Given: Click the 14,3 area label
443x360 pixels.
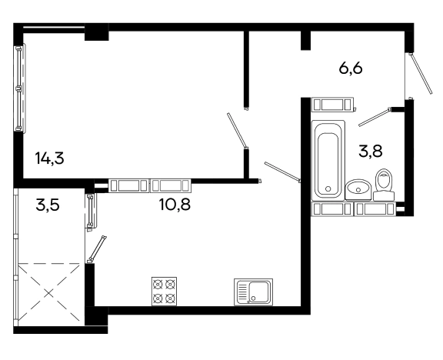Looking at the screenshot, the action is click(x=50, y=158).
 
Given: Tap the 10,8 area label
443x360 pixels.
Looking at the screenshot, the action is click(x=175, y=205).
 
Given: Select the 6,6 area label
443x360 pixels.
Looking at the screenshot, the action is click(x=351, y=68).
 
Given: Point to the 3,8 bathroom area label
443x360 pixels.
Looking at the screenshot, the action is click(x=371, y=152).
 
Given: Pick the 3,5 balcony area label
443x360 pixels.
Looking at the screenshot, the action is click(x=48, y=205).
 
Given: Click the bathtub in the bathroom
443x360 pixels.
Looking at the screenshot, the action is click(x=328, y=161).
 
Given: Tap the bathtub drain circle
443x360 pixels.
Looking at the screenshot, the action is click(x=328, y=188).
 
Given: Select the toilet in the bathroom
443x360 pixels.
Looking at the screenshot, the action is click(x=384, y=185).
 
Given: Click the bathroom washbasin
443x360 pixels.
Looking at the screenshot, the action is click(x=358, y=189).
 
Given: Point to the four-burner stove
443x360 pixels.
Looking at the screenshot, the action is click(x=164, y=292).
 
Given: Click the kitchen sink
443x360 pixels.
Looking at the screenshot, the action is click(x=254, y=292).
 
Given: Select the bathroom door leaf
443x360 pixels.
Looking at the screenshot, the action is click(x=375, y=117).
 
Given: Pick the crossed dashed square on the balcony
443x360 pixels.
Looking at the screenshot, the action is click(x=49, y=292).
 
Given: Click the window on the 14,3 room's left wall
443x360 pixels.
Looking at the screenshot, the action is click(x=20, y=88).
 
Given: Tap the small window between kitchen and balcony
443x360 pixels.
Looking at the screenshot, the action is click(x=91, y=211).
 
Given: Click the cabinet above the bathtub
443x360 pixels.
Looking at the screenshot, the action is click(x=332, y=105).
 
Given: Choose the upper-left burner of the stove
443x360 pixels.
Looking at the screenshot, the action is click(x=158, y=284).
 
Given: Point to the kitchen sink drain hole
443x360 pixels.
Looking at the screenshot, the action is click(x=253, y=298).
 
